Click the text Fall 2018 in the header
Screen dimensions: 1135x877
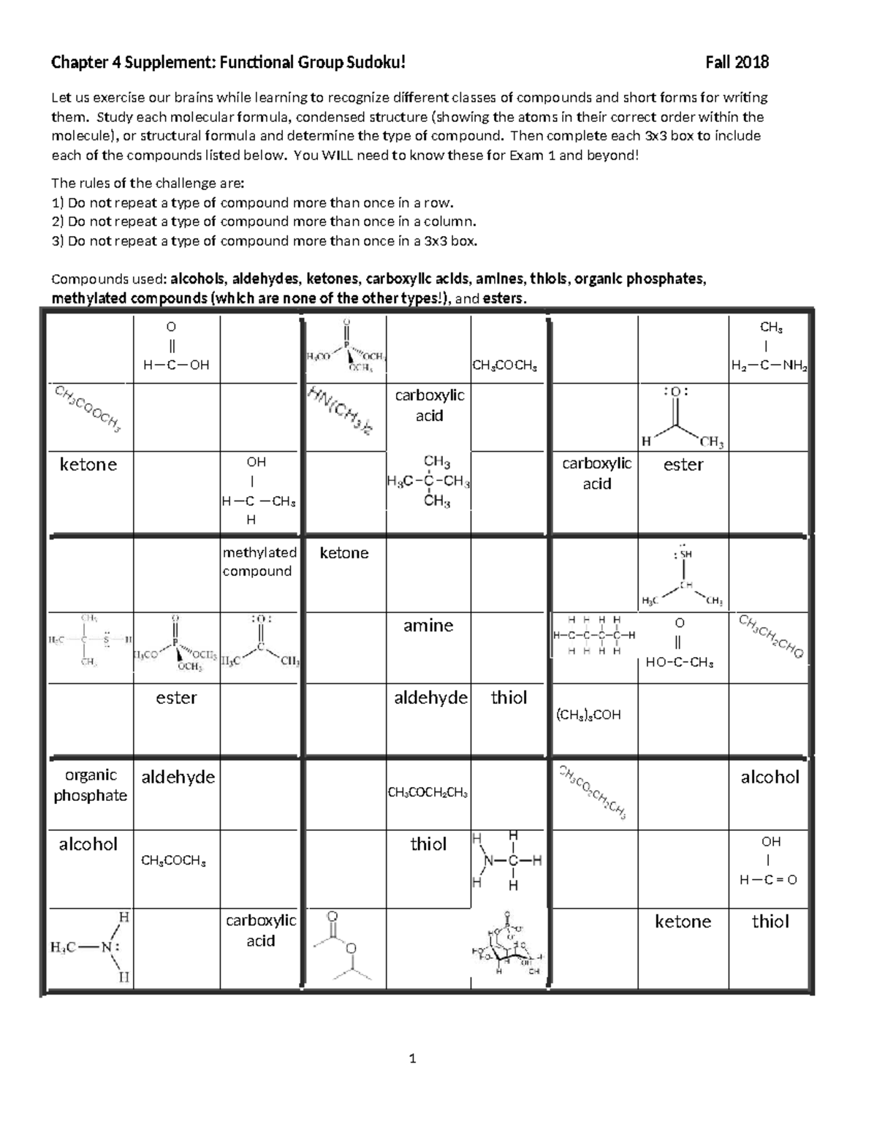737,62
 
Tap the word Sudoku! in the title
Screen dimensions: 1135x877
376,62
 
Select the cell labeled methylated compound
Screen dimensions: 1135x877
259,562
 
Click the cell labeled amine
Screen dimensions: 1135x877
428,626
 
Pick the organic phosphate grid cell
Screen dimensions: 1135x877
90,786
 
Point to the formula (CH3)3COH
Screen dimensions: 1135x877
588,715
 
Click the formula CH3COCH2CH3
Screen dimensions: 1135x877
428,793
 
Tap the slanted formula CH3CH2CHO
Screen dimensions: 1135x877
771,637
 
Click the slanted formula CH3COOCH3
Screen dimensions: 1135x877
88,407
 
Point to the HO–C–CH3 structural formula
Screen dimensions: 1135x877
680,644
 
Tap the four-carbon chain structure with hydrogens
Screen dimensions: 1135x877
593,635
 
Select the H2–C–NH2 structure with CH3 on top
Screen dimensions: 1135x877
770,347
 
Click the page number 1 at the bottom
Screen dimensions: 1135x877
413,1058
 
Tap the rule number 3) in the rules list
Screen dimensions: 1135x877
58,241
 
